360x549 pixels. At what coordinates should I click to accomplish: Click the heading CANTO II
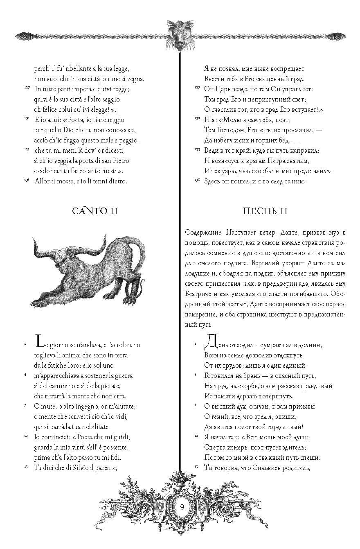(95, 211)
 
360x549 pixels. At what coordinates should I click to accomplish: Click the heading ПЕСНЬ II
(265, 211)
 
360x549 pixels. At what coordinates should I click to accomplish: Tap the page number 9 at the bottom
(181, 507)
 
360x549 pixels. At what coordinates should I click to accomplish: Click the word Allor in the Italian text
(43, 181)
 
